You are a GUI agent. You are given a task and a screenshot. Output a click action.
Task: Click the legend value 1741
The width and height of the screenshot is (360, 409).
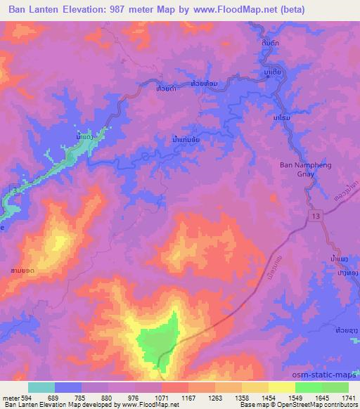(x=348, y=398)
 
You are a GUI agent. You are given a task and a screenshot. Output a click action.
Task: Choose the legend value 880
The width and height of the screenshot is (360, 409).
(x=106, y=398)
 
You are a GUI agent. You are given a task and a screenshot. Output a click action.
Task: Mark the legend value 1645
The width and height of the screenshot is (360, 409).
(x=321, y=398)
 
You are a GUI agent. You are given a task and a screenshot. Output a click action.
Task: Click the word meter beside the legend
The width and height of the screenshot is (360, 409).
(x=9, y=398)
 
